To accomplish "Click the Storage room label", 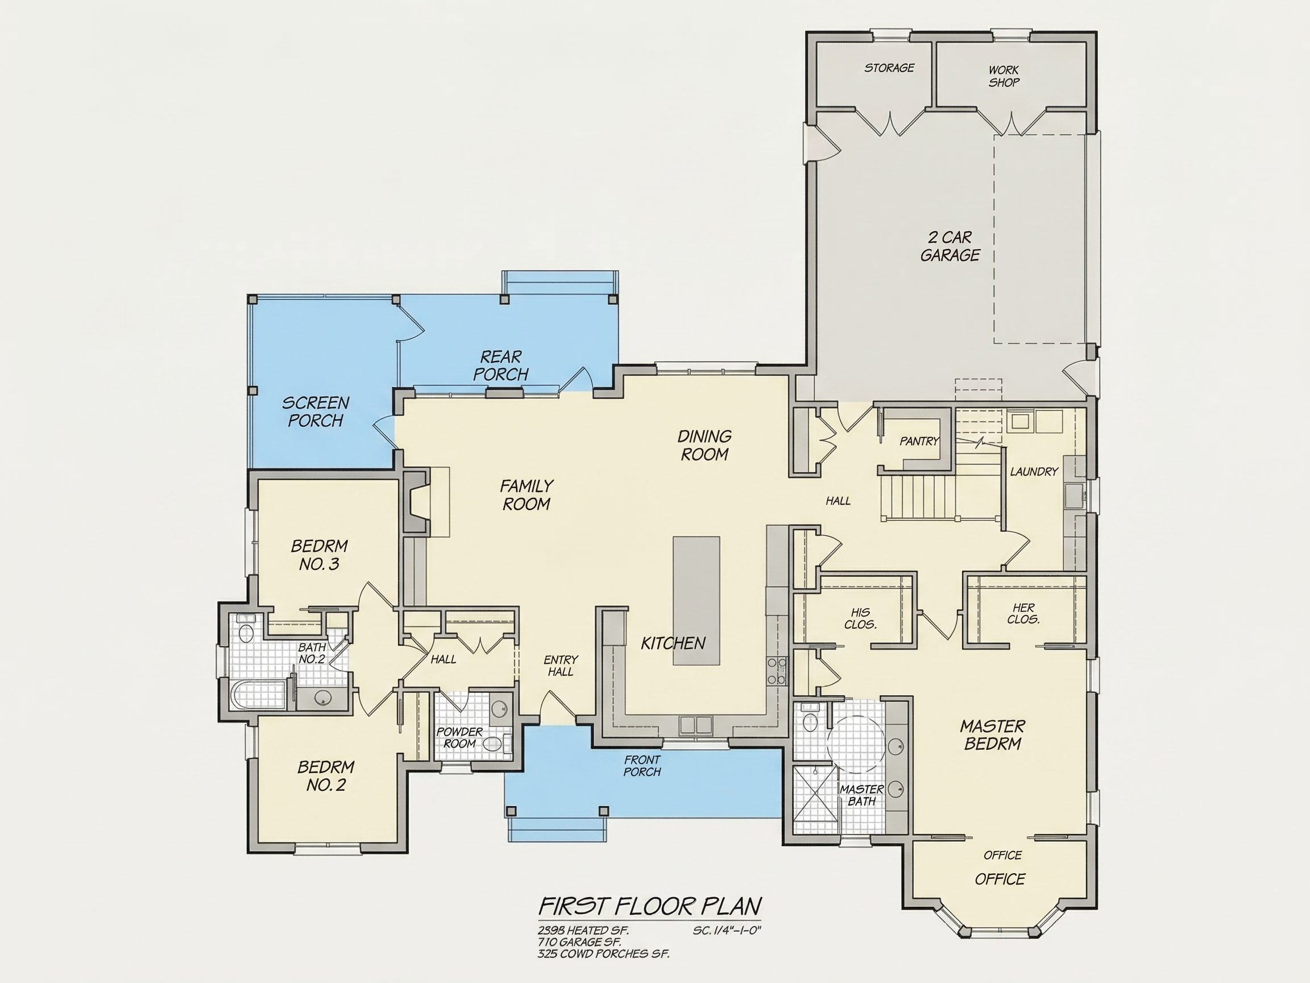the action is click(889, 68).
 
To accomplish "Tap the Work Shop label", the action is click(1004, 76).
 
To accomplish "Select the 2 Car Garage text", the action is click(950, 246).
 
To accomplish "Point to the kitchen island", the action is click(697, 601).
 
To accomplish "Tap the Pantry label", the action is click(919, 441).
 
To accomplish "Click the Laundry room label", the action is click(1034, 472).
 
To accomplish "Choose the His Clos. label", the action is click(860, 618).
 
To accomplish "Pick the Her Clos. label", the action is click(1023, 614).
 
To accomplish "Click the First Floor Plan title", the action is click(650, 906).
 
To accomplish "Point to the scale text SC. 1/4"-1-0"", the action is click(727, 930).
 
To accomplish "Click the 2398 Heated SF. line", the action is click(583, 930).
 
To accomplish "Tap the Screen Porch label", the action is click(315, 412).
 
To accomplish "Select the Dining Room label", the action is click(704, 445).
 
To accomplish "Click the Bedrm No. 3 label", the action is click(319, 555).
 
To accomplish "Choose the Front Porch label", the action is click(642, 766).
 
